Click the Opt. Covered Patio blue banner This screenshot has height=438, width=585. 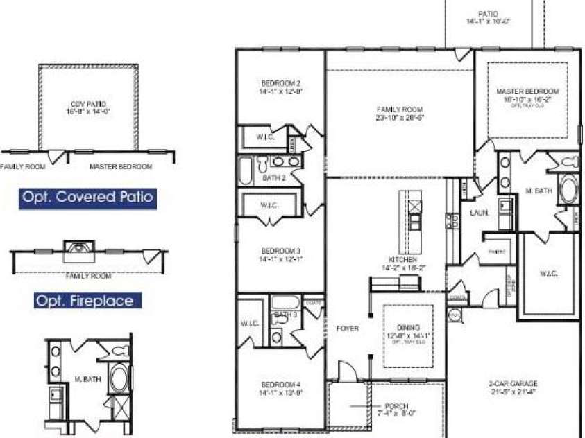87,197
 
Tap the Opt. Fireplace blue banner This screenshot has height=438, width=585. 87,301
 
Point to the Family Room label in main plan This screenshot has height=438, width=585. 400,109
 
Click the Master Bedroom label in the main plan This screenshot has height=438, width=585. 527,91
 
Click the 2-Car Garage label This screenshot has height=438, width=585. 513,383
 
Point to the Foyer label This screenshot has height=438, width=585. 347,328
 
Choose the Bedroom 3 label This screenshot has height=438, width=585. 280,251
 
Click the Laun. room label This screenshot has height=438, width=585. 479,213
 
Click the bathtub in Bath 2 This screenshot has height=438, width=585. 246,170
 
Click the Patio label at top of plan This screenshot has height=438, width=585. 488,14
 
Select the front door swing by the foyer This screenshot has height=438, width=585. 346,371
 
